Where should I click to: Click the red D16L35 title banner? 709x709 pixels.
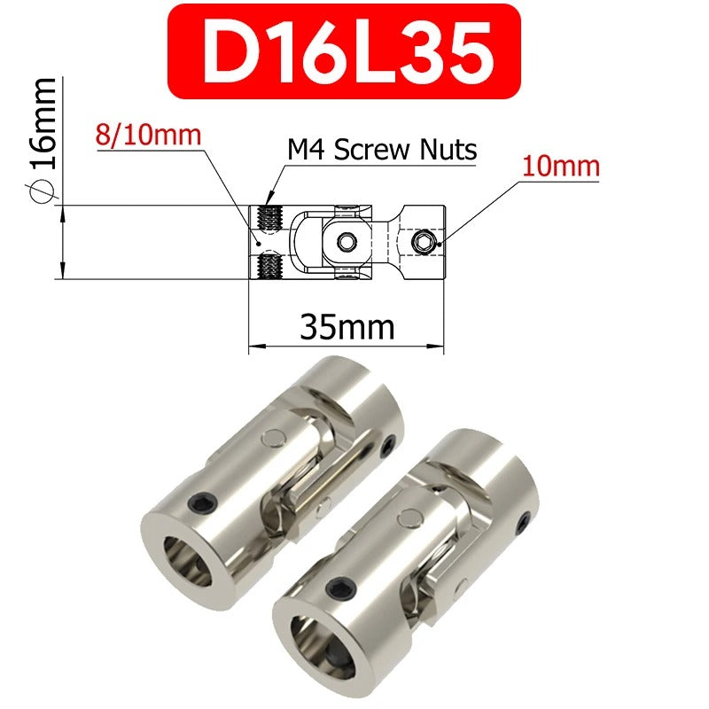344,51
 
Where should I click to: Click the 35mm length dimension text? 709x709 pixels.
346,327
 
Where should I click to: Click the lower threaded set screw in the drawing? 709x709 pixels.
268,263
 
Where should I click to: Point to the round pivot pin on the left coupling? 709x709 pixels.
275,435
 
